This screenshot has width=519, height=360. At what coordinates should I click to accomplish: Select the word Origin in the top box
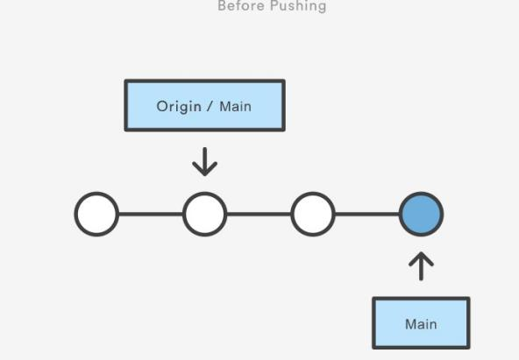[x=179, y=107]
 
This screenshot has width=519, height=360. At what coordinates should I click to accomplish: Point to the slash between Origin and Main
[x=210, y=107]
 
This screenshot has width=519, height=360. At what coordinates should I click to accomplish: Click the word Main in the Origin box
[x=235, y=107]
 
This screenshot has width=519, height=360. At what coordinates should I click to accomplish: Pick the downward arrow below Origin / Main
[x=205, y=162]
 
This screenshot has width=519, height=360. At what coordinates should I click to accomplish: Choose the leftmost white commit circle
[x=96, y=214]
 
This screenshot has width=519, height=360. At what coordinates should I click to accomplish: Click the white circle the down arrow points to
[x=205, y=214]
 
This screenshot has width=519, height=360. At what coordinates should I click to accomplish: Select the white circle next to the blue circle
[x=313, y=214]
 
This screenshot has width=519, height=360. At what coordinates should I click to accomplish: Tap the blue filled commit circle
[x=421, y=214]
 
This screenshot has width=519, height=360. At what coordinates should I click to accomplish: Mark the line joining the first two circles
[x=151, y=214]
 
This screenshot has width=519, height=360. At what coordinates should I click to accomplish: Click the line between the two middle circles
[x=259, y=214]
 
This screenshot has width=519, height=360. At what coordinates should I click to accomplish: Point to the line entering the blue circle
[x=367, y=214]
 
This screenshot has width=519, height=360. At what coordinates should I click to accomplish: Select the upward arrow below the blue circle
[x=421, y=266]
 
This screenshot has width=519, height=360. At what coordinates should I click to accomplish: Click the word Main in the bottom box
[x=421, y=324]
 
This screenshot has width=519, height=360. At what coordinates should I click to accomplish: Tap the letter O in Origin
[x=162, y=107]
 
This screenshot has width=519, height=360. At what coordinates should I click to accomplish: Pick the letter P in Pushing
[x=274, y=5]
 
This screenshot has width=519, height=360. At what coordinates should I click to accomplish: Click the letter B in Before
[x=222, y=5]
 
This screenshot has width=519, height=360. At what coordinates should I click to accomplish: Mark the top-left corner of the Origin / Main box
[x=124, y=80]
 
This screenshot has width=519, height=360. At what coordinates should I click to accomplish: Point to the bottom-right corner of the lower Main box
[x=470, y=349]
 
